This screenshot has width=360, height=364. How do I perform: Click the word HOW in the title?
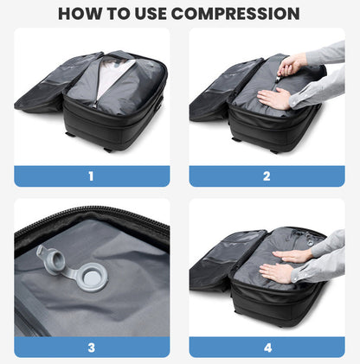coord(83,14)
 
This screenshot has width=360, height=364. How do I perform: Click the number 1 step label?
coord(91,176)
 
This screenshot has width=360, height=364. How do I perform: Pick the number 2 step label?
coord(267,176)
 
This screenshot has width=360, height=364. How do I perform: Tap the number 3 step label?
coord(91,348)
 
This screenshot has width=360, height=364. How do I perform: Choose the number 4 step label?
coord(267,348)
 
